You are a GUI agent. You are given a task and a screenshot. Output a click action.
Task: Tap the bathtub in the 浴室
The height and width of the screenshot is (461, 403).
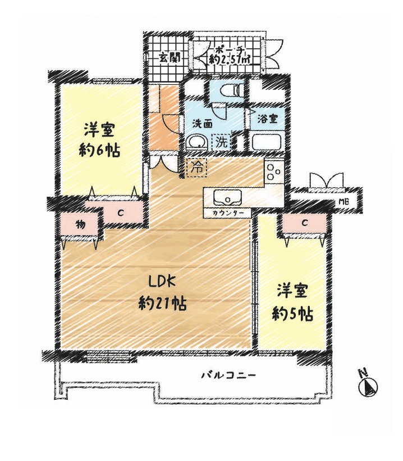(x=265, y=142)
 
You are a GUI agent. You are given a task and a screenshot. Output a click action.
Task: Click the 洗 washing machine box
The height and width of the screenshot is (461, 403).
(x=222, y=143)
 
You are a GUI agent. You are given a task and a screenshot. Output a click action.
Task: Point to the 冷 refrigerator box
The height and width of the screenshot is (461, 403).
(x=196, y=168)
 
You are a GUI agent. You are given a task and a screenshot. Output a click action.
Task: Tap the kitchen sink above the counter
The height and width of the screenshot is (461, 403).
(x=228, y=197)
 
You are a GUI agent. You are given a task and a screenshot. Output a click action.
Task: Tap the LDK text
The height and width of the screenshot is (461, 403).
(x=162, y=283)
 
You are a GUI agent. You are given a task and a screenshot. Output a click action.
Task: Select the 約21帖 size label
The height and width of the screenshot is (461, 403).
(x=162, y=304)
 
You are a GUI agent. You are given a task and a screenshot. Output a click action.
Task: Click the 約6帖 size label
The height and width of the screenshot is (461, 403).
(x=99, y=151)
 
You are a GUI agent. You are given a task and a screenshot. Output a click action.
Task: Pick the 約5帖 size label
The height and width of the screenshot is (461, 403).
(x=292, y=315)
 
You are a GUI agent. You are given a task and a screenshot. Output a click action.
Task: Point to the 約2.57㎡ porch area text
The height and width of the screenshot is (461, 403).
(x=230, y=60)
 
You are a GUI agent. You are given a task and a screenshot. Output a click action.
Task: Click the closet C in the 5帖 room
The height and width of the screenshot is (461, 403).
(x=305, y=223)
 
